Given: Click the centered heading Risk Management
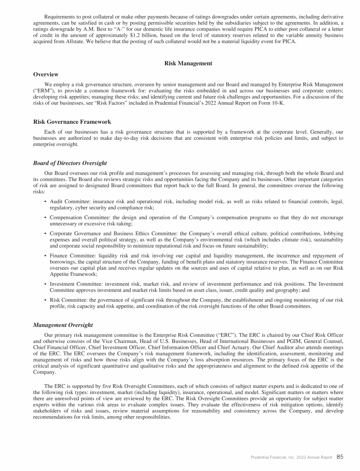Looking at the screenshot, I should [188, 63].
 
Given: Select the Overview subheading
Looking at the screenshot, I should [46, 74].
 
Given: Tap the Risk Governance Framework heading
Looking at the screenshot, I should [72, 122].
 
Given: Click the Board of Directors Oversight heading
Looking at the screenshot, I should [70, 163].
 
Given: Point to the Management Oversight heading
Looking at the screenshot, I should [63, 324].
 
